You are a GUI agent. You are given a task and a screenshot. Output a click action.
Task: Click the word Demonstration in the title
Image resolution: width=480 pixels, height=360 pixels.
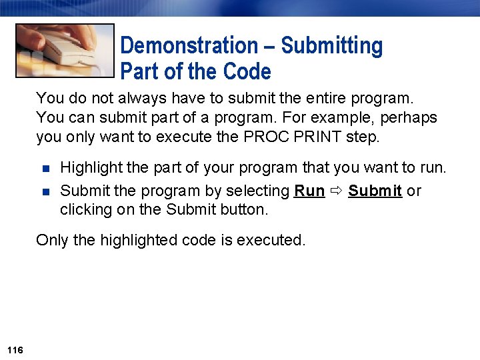click(x=187, y=46)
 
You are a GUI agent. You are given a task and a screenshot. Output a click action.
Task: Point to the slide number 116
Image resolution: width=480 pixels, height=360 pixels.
click(x=15, y=350)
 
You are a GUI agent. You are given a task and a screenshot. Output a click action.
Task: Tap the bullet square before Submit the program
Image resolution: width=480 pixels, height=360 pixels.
click(x=46, y=191)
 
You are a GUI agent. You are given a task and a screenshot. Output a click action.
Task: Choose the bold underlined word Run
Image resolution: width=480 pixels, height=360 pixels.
click(x=309, y=191)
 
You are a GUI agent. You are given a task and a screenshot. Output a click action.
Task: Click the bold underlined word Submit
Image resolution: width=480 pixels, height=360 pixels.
click(x=375, y=191)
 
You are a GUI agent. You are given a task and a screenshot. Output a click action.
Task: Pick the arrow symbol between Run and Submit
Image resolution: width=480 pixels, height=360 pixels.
click(x=336, y=191)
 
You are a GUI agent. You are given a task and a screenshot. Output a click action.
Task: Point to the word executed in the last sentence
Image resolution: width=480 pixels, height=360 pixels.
click(x=275, y=240)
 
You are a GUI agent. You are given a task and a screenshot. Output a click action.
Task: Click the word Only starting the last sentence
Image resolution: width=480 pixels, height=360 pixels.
click(x=51, y=240)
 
